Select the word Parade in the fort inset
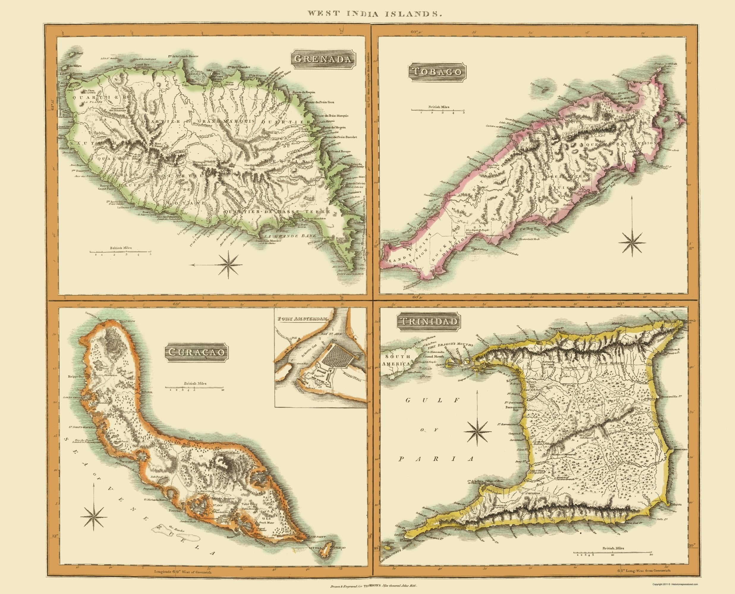point(320,376)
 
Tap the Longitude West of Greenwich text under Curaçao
point(183,571)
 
